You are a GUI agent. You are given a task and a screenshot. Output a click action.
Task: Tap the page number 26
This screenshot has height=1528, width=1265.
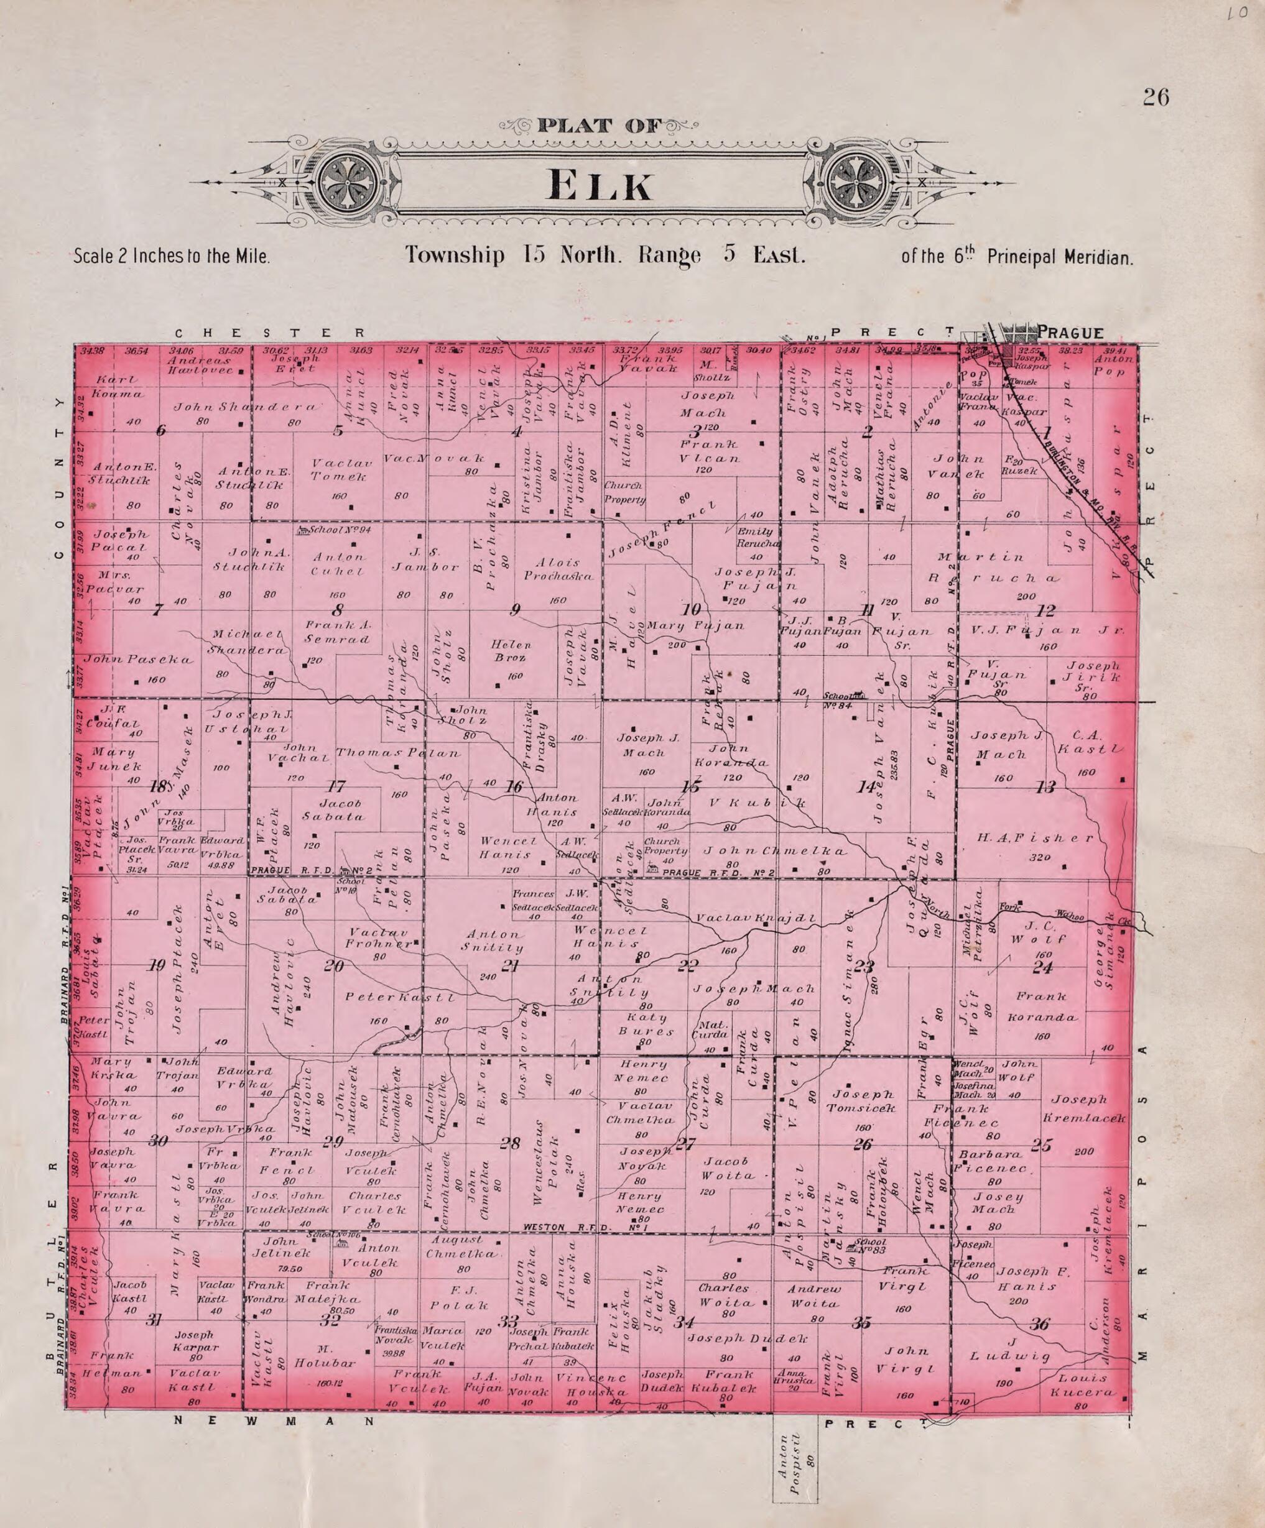(x=1155, y=97)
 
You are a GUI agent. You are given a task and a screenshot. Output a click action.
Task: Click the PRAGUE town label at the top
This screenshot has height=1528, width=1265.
(x=1070, y=333)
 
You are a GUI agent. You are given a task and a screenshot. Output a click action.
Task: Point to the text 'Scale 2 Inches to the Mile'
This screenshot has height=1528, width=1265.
(x=172, y=257)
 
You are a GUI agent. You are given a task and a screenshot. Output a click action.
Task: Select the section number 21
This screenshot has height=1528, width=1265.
(x=510, y=965)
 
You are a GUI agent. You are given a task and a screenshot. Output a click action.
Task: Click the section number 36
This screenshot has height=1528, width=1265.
(x=1040, y=1324)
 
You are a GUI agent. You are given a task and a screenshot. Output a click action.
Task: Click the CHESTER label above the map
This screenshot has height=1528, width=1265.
(x=269, y=333)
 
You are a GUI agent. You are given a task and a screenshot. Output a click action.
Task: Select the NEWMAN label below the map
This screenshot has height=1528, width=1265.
(x=275, y=1420)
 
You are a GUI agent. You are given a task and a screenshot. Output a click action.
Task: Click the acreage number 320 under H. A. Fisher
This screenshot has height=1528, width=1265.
(x=1039, y=857)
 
